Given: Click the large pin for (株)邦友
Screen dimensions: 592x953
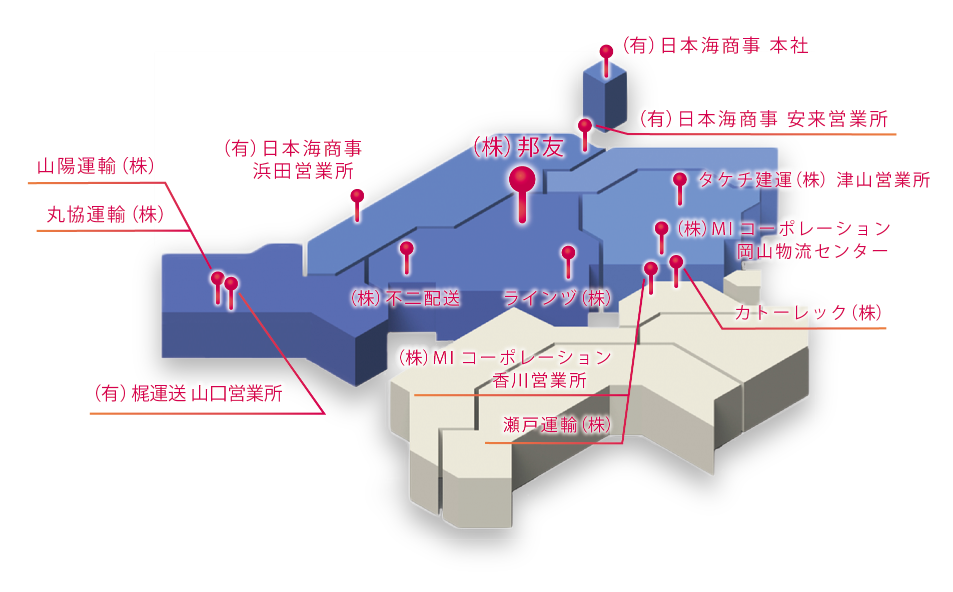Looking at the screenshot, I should click(522, 180).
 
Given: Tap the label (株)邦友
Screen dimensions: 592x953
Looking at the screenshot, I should click(519, 147).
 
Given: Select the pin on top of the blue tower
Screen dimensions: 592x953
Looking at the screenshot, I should click(606, 52).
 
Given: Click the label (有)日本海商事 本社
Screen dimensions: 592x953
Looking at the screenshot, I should click(715, 46).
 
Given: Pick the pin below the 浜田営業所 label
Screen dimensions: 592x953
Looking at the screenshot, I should click(357, 196).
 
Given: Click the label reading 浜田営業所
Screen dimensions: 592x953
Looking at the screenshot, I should click(303, 171).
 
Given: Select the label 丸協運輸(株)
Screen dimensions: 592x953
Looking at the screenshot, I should click(105, 214).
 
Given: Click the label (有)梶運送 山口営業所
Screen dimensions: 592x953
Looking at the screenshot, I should click(189, 393).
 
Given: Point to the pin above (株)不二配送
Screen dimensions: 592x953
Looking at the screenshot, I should click(407, 249).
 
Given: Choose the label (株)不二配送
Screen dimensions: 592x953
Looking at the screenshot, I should click(405, 298).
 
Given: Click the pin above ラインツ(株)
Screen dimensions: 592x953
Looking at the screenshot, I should click(568, 253).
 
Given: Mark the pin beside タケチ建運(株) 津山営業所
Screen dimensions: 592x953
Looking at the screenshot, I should click(679, 180).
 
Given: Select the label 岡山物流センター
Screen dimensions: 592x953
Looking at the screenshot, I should click(812, 251).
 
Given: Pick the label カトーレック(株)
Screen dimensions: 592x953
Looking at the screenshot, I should click(808, 313).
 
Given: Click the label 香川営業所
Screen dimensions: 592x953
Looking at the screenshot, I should click(539, 380).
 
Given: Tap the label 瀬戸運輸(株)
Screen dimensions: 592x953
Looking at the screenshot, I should click(557, 425).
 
